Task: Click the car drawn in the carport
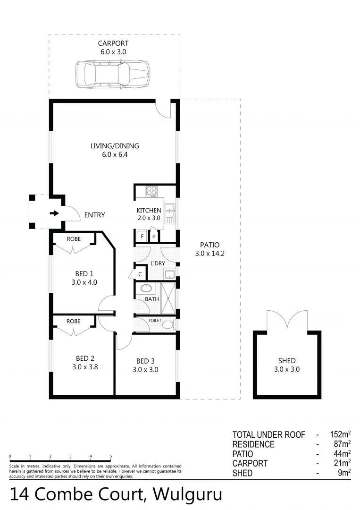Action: pyautogui.click(x=113, y=74)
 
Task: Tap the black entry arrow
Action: pyautogui.click(x=55, y=213)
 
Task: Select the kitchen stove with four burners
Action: pyautogui.click(x=152, y=191)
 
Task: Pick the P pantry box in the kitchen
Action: pyautogui.click(x=154, y=236)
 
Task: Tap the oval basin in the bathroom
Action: pyautogui.click(x=146, y=289)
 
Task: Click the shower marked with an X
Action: pyautogui.click(x=168, y=298)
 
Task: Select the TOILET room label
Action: pyautogui.click(x=155, y=321)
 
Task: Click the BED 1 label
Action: pyautogui.click(x=84, y=273)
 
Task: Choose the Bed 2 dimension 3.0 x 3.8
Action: pyautogui.click(x=84, y=366)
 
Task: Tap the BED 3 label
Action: pyautogui.click(x=145, y=361)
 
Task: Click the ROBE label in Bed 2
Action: pyautogui.click(x=73, y=321)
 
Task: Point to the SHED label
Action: pyautogui.click(x=287, y=361)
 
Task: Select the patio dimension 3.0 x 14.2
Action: pyautogui.click(x=210, y=254)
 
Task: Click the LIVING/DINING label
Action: pyautogui.click(x=115, y=146)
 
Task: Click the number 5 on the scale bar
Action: pyautogui.click(x=111, y=456)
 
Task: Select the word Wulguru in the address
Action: pyautogui.click(x=188, y=494)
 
